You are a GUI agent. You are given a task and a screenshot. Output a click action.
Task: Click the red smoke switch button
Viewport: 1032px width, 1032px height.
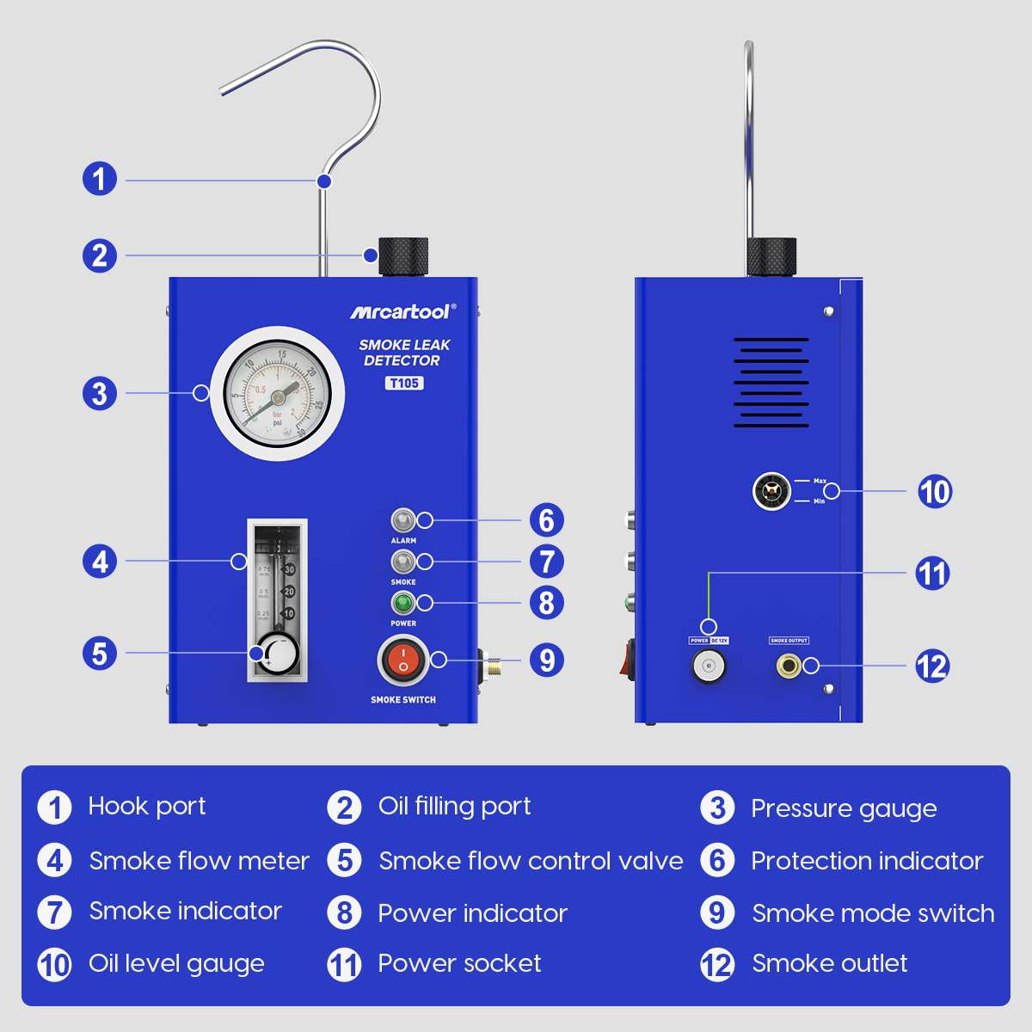(402, 660)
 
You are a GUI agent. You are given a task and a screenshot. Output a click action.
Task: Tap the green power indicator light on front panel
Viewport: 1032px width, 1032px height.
(402, 602)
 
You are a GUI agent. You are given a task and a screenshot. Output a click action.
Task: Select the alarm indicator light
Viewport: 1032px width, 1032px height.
(402, 520)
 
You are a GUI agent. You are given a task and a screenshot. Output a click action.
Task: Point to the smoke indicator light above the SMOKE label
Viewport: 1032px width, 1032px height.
(402, 562)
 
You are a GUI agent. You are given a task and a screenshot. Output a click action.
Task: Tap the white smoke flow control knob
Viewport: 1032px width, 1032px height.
(276, 654)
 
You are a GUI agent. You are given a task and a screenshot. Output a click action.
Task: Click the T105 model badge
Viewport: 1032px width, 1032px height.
(403, 383)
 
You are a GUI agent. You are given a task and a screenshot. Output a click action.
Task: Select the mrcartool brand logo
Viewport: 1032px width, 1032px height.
(402, 311)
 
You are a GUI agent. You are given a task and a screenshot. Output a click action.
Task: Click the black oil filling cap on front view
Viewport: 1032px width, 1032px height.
(403, 255)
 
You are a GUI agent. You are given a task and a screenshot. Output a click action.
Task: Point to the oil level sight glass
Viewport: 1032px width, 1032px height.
(771, 491)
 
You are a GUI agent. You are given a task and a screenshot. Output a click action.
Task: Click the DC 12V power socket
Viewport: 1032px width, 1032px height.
(709, 666)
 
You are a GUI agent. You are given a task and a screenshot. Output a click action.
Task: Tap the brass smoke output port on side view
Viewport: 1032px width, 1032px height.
(788, 666)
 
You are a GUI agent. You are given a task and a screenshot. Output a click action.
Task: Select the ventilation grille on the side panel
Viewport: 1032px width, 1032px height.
(771, 383)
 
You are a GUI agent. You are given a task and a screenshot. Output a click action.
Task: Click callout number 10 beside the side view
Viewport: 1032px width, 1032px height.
(934, 491)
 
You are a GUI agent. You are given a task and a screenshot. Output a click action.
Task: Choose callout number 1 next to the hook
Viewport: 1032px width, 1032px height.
(100, 179)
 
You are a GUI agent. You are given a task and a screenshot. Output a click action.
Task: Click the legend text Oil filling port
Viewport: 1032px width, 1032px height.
(454, 807)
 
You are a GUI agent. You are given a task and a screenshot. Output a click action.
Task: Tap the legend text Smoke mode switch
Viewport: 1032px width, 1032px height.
(873, 913)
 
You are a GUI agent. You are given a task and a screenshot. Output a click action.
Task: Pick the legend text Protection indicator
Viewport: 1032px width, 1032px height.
(866, 861)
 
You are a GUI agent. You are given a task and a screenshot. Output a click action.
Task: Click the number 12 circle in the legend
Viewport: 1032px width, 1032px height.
(717, 965)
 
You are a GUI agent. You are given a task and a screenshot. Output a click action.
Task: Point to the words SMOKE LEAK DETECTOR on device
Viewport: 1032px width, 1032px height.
(403, 353)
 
